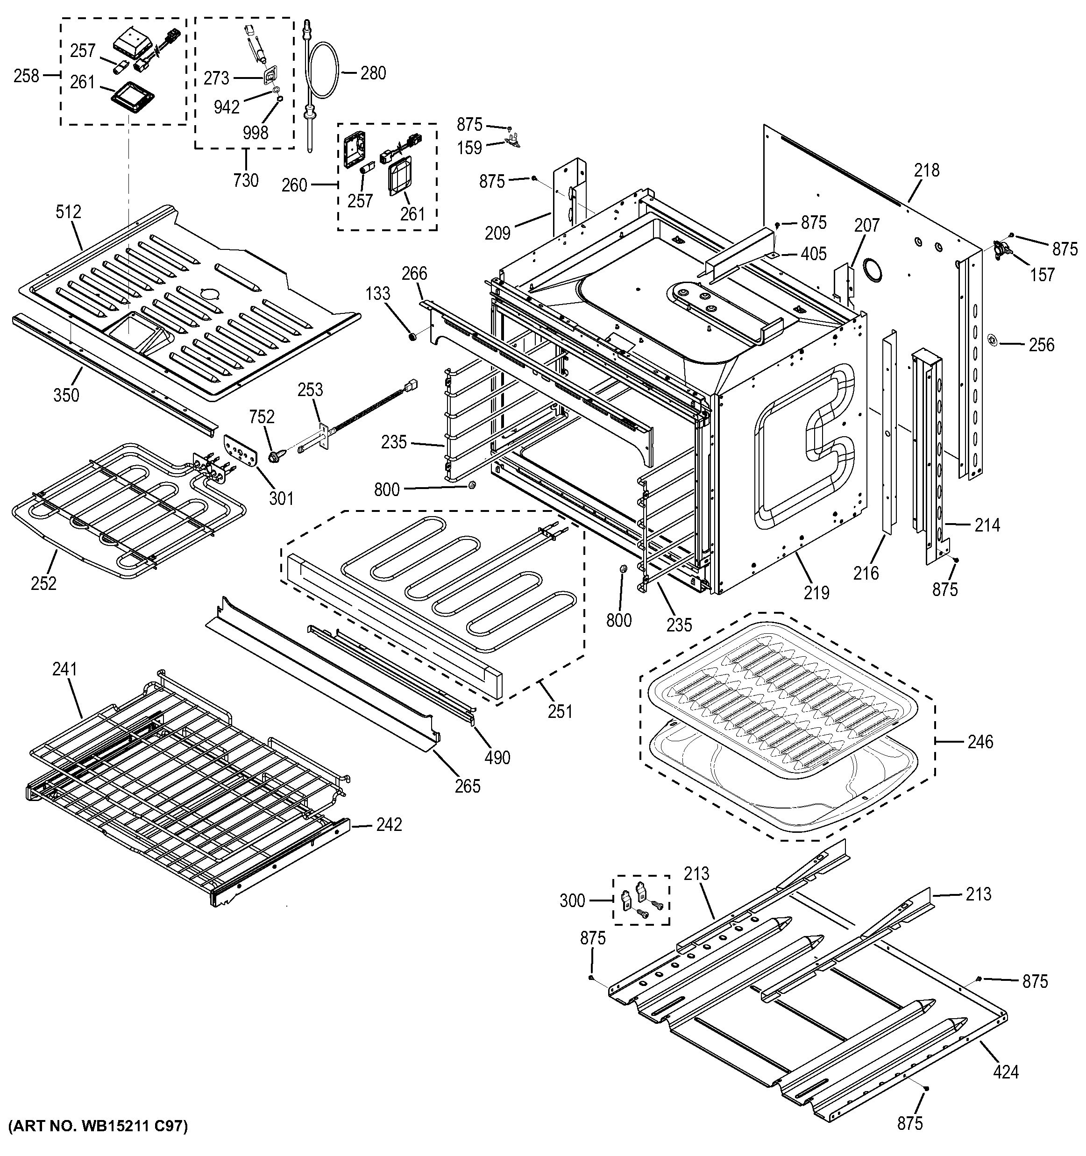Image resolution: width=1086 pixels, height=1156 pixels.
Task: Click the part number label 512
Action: [x=68, y=212]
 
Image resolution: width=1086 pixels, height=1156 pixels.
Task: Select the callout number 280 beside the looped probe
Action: [x=373, y=73]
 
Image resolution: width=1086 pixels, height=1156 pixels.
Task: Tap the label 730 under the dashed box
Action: [x=245, y=180]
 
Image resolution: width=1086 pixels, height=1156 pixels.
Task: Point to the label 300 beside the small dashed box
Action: [x=572, y=901]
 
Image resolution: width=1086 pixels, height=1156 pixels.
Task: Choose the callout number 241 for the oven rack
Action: [x=64, y=669]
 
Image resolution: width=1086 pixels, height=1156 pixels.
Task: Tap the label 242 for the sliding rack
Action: [x=388, y=824]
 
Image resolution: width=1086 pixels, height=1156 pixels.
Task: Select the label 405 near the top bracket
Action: [x=813, y=254]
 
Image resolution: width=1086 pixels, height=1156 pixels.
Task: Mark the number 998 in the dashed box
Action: [x=255, y=133]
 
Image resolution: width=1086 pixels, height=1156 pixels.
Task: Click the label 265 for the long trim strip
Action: [x=468, y=786]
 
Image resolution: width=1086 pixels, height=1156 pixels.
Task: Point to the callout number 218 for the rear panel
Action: [x=926, y=170]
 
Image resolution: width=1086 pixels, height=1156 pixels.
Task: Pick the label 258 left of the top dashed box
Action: [x=26, y=75]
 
